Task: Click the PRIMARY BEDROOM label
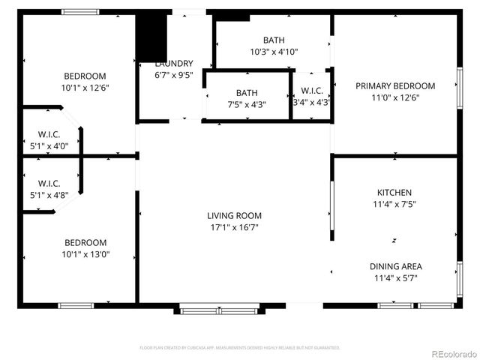pos(395,85)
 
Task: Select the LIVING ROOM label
pos(235,216)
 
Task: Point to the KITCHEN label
pos(394,193)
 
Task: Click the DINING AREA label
pos(395,266)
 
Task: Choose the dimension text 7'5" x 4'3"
pos(247,105)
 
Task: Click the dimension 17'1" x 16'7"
pos(235,228)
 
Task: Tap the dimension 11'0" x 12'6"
pos(395,97)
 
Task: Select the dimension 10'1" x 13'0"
pos(85,255)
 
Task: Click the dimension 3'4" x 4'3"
pos(312,102)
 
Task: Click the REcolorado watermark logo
pos(449,352)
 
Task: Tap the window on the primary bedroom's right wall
pos(459,88)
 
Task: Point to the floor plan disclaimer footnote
pos(240,348)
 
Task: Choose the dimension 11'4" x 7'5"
pos(394,204)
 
